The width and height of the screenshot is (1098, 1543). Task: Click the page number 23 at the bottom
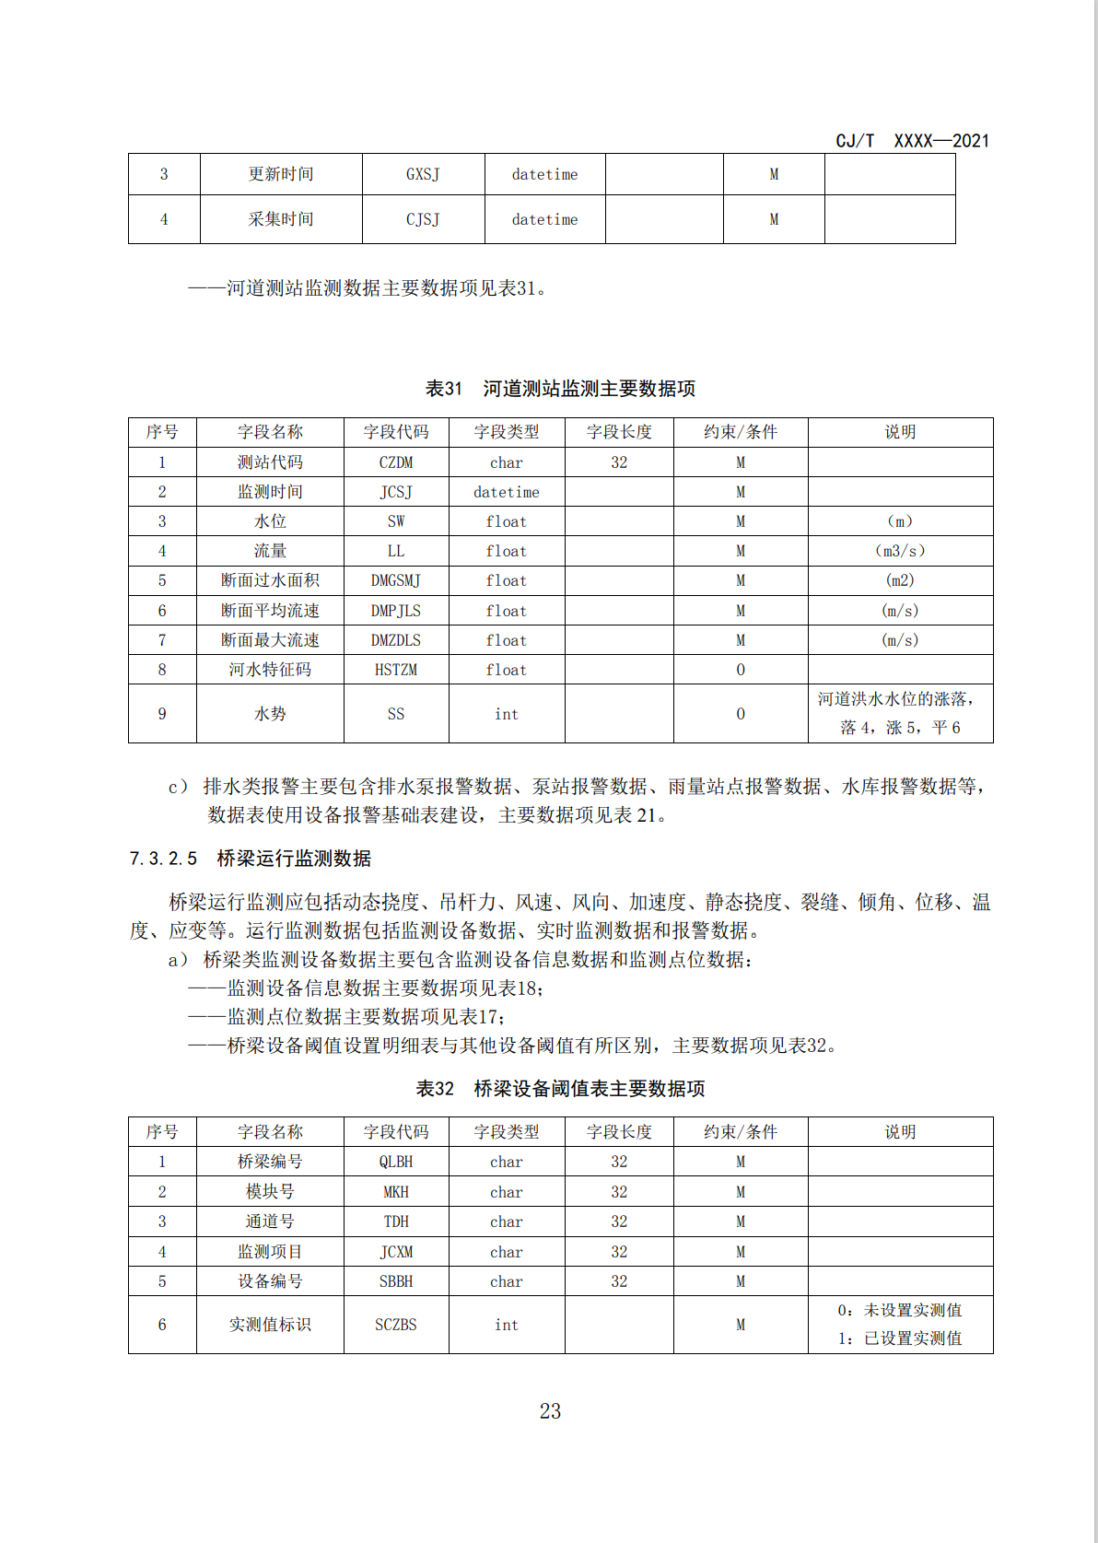tap(550, 1411)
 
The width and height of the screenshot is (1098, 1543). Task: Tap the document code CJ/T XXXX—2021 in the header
tap(912, 141)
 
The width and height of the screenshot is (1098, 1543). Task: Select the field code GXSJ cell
tap(423, 174)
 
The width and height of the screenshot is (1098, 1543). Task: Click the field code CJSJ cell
tap(423, 219)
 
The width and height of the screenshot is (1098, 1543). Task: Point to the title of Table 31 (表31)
tap(560, 389)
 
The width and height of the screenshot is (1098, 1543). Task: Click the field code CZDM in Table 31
tap(396, 462)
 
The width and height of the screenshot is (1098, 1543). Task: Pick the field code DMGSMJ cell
tap(396, 580)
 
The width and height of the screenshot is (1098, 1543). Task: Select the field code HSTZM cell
tap(396, 670)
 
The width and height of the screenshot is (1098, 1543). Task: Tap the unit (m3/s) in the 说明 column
tap(900, 551)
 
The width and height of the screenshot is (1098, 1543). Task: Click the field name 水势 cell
tap(270, 714)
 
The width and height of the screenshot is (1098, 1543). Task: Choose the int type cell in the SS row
tap(507, 714)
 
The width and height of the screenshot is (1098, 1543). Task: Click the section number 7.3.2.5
tap(163, 859)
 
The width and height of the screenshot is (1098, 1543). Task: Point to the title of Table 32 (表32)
tap(560, 1089)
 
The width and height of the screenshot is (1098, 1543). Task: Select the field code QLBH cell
tap(396, 1162)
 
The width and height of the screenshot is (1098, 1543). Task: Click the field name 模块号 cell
tap(270, 1192)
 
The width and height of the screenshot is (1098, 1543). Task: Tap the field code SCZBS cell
tap(396, 1325)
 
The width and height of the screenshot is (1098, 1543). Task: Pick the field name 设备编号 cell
tap(270, 1281)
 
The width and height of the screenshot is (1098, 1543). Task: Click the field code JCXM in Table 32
tap(396, 1252)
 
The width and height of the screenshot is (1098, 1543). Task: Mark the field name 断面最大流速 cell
tap(270, 640)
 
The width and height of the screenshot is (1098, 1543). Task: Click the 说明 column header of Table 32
tap(900, 1132)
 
